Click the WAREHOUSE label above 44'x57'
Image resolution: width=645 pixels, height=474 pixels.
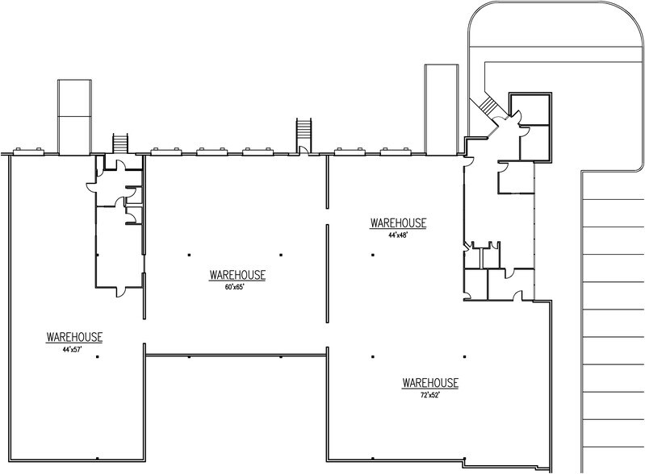74,337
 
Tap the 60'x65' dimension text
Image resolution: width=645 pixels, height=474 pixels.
234,288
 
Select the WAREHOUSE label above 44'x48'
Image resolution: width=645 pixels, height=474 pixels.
398,223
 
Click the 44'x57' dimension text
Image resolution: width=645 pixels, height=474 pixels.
72,350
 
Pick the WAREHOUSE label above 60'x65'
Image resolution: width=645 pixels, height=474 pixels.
237,275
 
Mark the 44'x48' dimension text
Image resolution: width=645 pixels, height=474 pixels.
398,235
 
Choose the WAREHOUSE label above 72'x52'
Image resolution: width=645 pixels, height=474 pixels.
430,383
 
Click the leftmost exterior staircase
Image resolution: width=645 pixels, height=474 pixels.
120,143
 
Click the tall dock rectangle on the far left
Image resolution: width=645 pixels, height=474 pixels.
74,117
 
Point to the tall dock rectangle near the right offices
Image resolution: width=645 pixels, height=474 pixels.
442,110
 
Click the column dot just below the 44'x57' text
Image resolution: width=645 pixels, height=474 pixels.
98,357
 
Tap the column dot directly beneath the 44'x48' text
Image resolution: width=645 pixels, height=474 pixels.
373,255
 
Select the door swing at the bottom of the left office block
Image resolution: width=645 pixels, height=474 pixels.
120,292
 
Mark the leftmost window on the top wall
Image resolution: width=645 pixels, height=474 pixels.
28,152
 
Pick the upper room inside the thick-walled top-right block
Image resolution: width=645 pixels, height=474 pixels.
530,110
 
